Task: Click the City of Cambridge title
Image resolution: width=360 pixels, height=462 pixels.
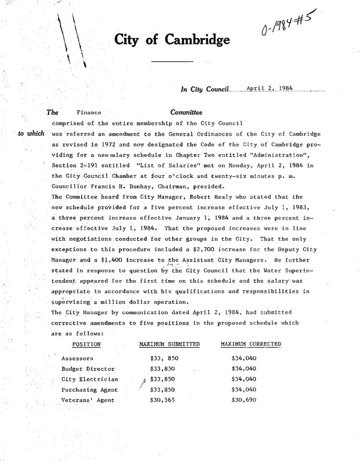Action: (x=172, y=39)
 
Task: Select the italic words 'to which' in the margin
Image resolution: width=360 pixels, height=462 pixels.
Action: (x=31, y=133)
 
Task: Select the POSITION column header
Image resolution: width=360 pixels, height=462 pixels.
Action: (x=87, y=344)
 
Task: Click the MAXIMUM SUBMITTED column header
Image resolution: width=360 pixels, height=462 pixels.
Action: (x=169, y=344)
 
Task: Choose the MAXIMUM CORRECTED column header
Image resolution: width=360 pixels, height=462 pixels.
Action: (x=251, y=344)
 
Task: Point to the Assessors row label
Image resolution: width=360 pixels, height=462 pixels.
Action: (x=77, y=359)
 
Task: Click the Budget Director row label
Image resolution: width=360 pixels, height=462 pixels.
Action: (x=88, y=369)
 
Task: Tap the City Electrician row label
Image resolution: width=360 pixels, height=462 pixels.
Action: (x=90, y=379)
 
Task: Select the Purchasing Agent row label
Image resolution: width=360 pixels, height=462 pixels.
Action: (x=90, y=390)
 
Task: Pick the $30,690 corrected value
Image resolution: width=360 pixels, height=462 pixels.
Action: (x=243, y=400)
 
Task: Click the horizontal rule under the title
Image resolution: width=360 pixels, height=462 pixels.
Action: (x=172, y=61)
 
